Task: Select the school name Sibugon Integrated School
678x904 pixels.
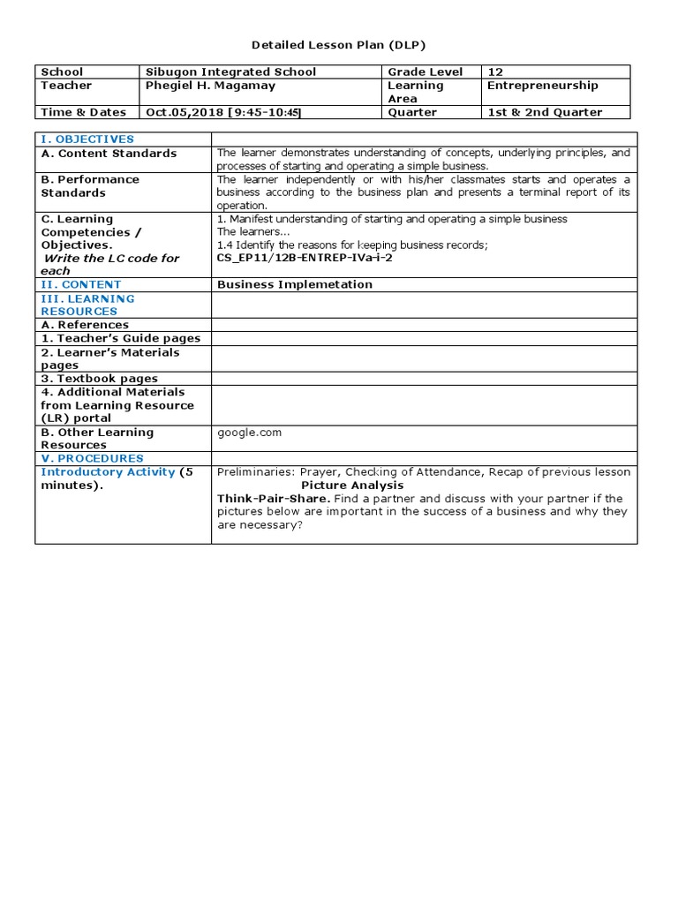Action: click(x=230, y=72)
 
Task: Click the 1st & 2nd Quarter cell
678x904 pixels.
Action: click(x=545, y=112)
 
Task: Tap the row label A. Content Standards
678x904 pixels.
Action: click(x=109, y=153)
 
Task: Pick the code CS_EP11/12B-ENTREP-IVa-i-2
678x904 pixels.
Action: click(x=304, y=258)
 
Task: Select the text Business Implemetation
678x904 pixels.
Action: click(x=295, y=284)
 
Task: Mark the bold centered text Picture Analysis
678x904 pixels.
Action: click(x=352, y=486)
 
